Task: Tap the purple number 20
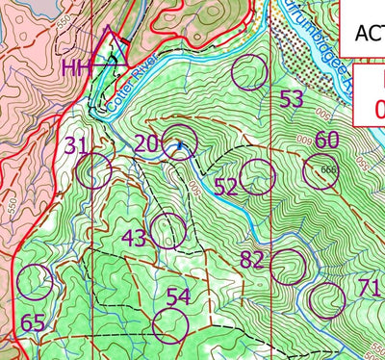[x=146, y=143]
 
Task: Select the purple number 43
[x=135, y=237]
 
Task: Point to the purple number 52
[x=225, y=187]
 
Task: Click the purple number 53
[x=291, y=99]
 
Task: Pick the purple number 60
[x=327, y=141]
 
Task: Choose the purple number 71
[x=369, y=288]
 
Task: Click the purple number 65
[x=33, y=322]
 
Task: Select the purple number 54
[x=178, y=296]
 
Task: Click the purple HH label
[x=77, y=67]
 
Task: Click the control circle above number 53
[x=250, y=71]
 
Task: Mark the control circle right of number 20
[x=179, y=142]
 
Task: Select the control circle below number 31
[x=94, y=172]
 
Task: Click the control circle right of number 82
[x=288, y=268]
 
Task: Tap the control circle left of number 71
[x=326, y=300]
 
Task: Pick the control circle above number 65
[x=36, y=281]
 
